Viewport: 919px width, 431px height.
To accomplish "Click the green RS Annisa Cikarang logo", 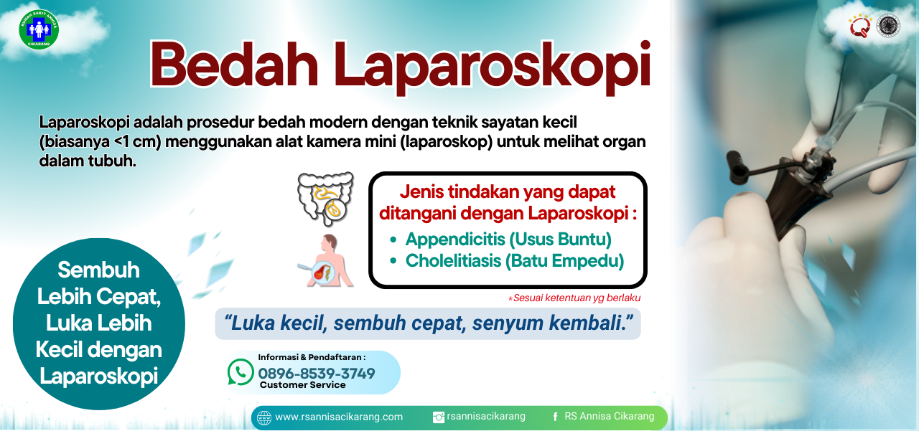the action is [x=39, y=29].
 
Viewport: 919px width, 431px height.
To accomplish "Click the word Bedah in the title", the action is [x=234, y=65].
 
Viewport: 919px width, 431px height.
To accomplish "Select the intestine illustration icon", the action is [x=326, y=199].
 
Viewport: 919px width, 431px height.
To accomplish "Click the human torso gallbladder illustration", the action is [x=326, y=260].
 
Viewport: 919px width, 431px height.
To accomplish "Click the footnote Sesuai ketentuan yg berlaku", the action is [x=574, y=298].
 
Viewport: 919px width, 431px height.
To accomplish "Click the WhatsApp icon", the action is [x=241, y=372].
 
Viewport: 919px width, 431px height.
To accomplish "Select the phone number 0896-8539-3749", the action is [x=317, y=373].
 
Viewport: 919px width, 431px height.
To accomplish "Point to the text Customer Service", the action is [x=303, y=385].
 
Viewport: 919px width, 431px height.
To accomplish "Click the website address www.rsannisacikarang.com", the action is [x=339, y=417].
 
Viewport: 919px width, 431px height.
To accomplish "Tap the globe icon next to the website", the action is [x=264, y=418].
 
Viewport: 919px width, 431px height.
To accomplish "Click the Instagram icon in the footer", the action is [x=439, y=417].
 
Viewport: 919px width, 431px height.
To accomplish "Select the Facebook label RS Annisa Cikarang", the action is [x=610, y=416].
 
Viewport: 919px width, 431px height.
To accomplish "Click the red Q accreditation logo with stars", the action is [x=860, y=26].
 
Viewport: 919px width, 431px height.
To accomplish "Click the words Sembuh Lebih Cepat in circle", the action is [x=99, y=283].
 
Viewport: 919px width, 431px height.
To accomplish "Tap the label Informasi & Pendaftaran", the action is [x=312, y=357].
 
